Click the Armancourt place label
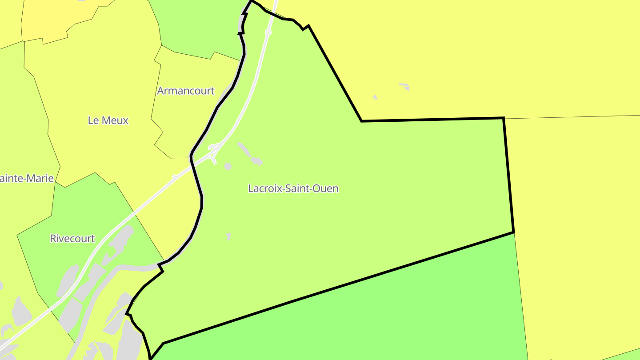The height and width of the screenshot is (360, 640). point(186,91)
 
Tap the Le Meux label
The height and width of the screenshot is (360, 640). point(108,120)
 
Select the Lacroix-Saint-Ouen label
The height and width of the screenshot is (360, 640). point(293,188)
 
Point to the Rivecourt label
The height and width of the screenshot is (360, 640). point(72,239)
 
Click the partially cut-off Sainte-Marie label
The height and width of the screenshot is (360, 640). point(27,179)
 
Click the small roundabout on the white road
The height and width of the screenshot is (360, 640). point(268,32)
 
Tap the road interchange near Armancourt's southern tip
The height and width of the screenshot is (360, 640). point(214,149)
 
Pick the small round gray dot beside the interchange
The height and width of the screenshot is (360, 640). point(228,166)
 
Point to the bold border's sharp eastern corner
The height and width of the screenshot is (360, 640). point(513,232)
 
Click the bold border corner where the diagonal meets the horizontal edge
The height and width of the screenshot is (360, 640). point(362,121)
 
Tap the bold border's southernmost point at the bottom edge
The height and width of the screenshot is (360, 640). point(151,358)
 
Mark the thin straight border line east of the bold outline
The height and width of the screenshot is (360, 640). point(573,117)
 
